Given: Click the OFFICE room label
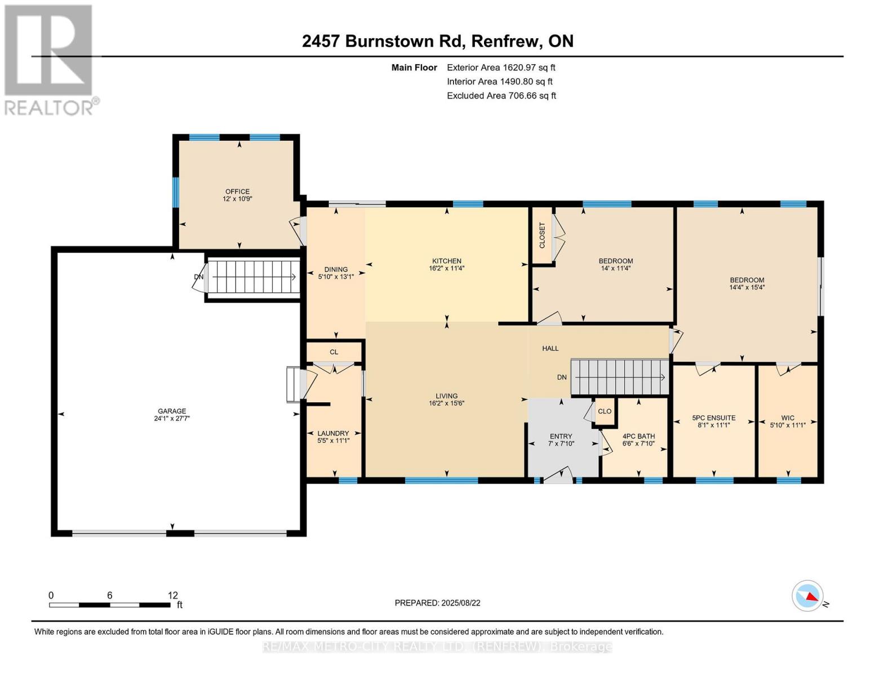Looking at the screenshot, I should [x=237, y=192].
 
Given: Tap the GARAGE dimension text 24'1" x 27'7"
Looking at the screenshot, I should [x=172, y=419].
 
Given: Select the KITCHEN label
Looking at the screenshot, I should [x=446, y=261].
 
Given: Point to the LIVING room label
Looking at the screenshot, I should [x=446, y=395].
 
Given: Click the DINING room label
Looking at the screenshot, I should [x=336, y=269].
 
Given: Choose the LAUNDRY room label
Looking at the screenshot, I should [x=333, y=433].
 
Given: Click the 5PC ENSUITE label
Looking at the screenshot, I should [x=713, y=418].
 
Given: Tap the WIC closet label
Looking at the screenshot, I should [x=788, y=418].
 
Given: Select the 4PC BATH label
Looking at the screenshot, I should [x=638, y=436].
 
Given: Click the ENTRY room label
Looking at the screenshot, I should [x=561, y=436].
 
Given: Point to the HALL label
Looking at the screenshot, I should [x=550, y=348].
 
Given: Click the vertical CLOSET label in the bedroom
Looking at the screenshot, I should [x=543, y=235].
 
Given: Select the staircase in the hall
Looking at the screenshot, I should [x=619, y=377].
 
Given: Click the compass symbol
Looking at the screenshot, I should [x=807, y=596].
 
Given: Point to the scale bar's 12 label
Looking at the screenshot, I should [x=172, y=595].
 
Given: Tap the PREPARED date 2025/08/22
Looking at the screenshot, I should [x=461, y=603].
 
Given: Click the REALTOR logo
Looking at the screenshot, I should [x=50, y=60].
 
